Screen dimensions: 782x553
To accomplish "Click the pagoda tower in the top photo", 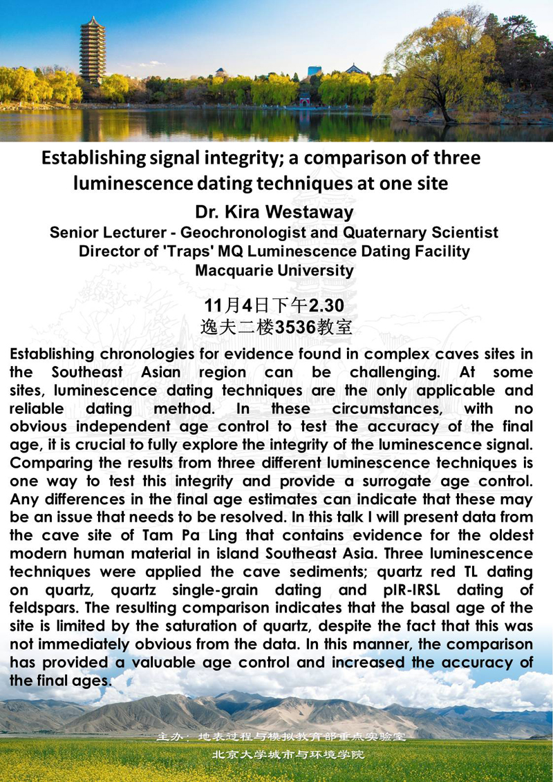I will point(92,52).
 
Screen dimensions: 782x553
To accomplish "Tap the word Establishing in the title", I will point(92,158).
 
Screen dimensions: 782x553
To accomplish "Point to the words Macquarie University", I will point(274,269).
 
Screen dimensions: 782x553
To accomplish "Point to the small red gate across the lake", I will point(304,102).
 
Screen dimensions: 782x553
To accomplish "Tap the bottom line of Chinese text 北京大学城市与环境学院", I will point(287,754).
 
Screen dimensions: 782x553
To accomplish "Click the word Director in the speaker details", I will point(106,251).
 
